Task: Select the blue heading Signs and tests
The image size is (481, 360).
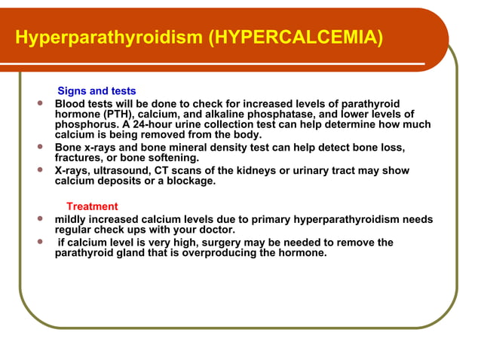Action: pos(97,91)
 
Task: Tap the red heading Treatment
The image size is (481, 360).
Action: pos(92,206)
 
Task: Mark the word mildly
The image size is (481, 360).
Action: pos(72,219)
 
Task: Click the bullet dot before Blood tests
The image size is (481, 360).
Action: pos(39,102)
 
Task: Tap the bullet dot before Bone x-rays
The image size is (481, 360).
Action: pos(39,147)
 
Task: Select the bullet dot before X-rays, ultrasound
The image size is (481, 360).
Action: pos(39,170)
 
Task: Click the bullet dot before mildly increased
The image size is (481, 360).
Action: pos(39,218)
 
